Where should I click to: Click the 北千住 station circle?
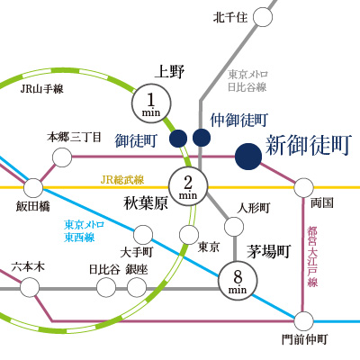[x=263, y=17]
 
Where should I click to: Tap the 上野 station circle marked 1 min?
[x=151, y=103]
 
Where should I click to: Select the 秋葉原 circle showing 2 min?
[x=188, y=186]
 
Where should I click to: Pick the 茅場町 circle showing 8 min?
[x=238, y=281]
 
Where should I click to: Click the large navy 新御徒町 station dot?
[x=248, y=157]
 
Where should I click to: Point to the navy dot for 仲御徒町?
[x=202, y=138]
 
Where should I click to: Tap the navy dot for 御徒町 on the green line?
[x=178, y=139]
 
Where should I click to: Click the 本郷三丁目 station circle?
[x=62, y=157]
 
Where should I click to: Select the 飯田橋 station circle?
[x=33, y=188]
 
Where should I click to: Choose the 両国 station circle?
[x=303, y=187]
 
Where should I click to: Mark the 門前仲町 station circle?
[x=303, y=321]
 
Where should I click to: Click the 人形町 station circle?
[x=234, y=227]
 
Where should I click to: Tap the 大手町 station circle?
[x=143, y=235]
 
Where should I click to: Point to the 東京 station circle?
[x=189, y=235]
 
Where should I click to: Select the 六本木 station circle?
[x=30, y=287]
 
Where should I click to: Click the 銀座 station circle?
[x=137, y=287]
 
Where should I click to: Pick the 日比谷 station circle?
[x=106, y=287]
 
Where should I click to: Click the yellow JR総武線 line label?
[x=122, y=180]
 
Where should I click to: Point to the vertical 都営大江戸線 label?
[x=312, y=256]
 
